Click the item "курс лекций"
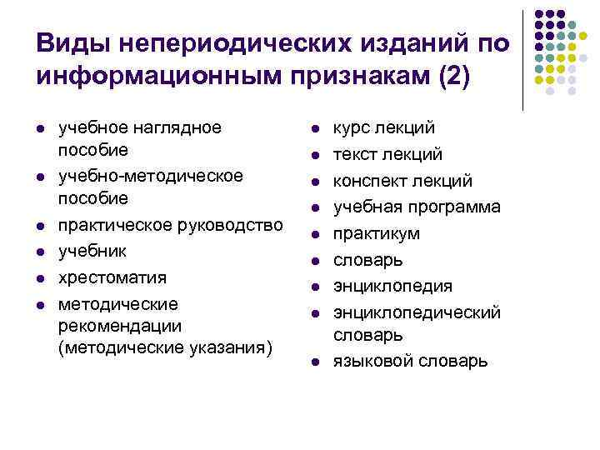(x=384, y=128)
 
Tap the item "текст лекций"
(x=388, y=154)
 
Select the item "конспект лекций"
(x=403, y=181)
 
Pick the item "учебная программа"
(x=417, y=207)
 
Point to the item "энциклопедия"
(x=393, y=286)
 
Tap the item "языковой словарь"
(x=411, y=361)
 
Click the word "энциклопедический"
(x=417, y=312)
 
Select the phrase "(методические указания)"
(x=165, y=347)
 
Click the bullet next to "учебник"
(x=39, y=251)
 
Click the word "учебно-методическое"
(x=151, y=175)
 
